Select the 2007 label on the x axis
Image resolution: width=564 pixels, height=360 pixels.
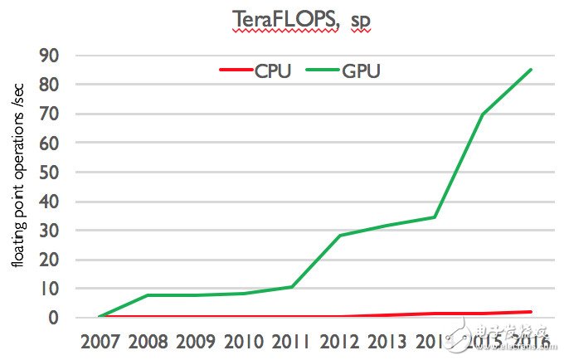click(99, 341)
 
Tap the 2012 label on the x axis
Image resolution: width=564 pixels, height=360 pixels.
click(338, 341)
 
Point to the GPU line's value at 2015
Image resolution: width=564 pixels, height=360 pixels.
click(483, 114)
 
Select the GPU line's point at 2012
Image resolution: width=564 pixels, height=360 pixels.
click(338, 236)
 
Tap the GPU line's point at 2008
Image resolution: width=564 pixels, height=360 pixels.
click(146, 295)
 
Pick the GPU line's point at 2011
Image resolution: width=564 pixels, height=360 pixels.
click(290, 287)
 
